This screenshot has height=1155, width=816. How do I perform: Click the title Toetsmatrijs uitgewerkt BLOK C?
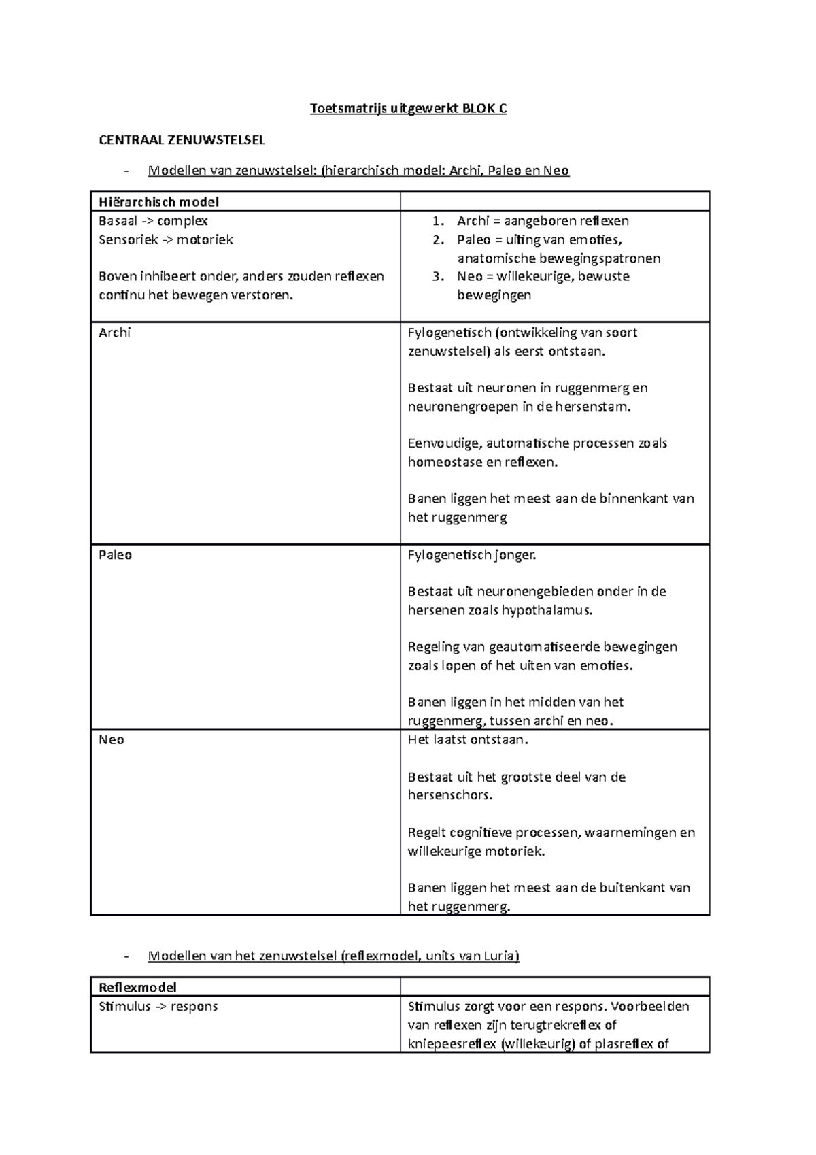[x=408, y=109]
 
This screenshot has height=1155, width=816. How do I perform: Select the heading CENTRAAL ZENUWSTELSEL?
[x=182, y=140]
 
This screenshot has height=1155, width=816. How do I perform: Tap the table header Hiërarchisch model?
[x=158, y=201]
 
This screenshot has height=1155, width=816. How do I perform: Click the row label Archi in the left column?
[x=114, y=333]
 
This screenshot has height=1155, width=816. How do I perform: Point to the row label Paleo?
[x=115, y=555]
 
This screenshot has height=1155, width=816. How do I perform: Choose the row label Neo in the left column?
[x=112, y=740]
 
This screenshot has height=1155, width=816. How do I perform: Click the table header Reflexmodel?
[x=137, y=987]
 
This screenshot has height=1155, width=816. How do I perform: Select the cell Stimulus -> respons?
[x=158, y=1006]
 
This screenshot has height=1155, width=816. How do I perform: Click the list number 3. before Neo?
[x=438, y=276]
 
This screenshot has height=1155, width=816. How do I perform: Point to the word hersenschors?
[x=449, y=795]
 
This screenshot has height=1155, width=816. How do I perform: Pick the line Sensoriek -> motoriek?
[x=165, y=239]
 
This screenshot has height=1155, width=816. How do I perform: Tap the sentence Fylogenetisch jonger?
[x=472, y=555]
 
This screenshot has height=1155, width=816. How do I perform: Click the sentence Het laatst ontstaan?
[x=468, y=740]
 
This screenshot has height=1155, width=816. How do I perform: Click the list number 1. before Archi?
[x=438, y=221]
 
